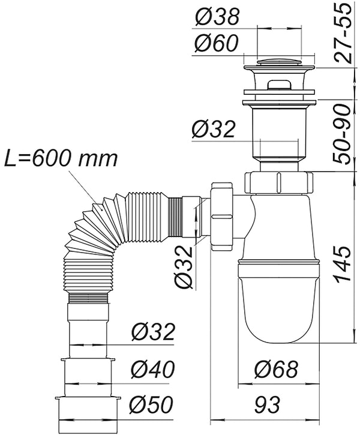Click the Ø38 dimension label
pos(217,17)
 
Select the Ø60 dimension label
pos(217,44)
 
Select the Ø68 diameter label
pos(275,370)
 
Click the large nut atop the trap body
pos(279,181)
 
